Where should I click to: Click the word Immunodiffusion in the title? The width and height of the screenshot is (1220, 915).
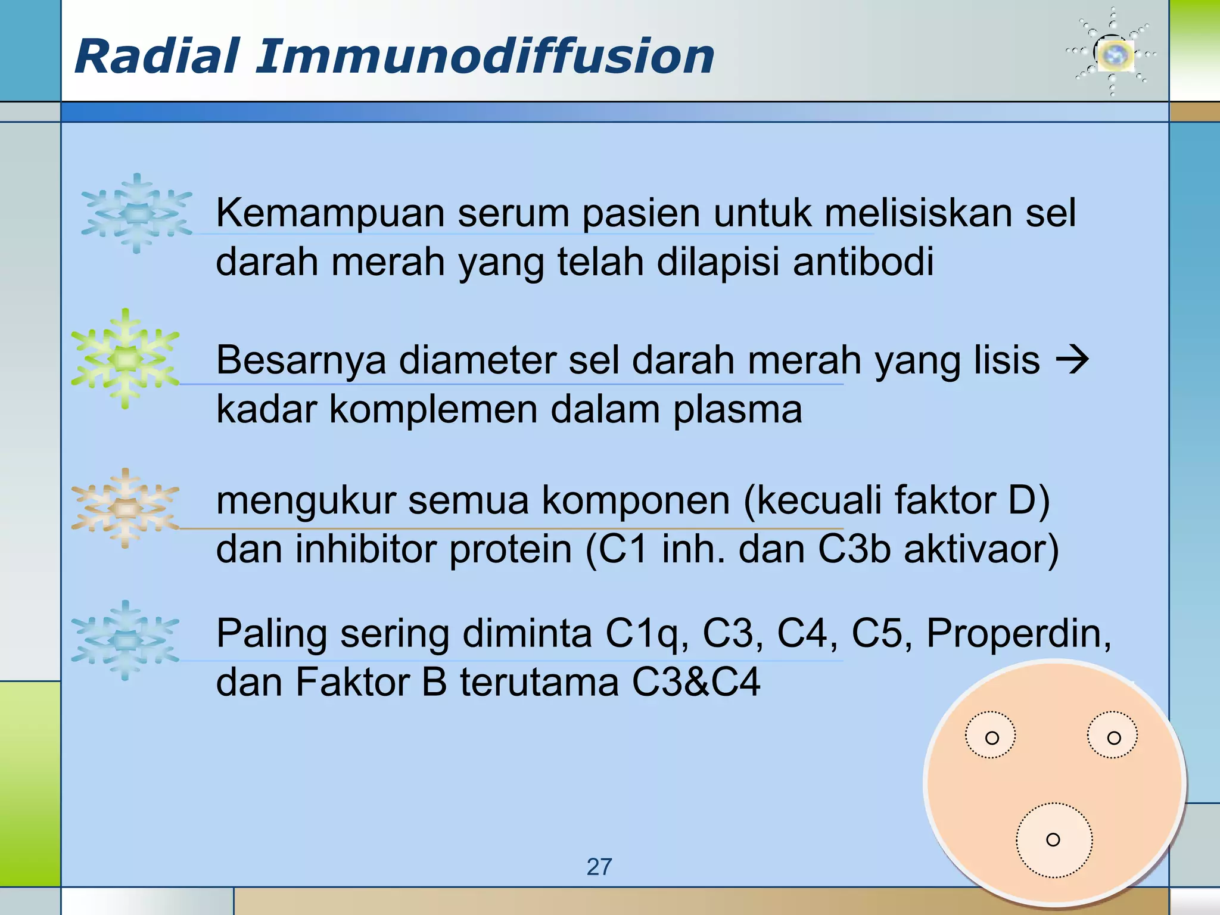pos(485,57)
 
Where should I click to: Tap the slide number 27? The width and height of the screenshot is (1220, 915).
pos(599,867)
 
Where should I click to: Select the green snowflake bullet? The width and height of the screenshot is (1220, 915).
pos(125,358)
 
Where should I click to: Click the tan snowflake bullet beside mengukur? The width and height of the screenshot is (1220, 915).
pos(125,508)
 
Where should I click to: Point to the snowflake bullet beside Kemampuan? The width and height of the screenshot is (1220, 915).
pos(137,213)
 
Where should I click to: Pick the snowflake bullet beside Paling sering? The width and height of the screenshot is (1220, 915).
pos(125,640)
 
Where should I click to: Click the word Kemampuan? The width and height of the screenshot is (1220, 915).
pos(331,213)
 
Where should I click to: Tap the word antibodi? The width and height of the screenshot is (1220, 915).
pos(863,262)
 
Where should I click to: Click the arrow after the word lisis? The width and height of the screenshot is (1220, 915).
pos(1072,360)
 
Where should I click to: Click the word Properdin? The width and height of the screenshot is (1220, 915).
pos(1018,633)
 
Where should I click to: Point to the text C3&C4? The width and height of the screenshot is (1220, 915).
pos(696,683)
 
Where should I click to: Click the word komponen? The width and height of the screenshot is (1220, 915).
pos(635,500)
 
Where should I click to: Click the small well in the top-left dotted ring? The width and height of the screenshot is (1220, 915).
pos(992,738)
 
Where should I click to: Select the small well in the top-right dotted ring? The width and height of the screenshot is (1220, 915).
pos(1113,738)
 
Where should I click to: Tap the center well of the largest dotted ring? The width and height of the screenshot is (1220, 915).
pos(1053,840)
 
